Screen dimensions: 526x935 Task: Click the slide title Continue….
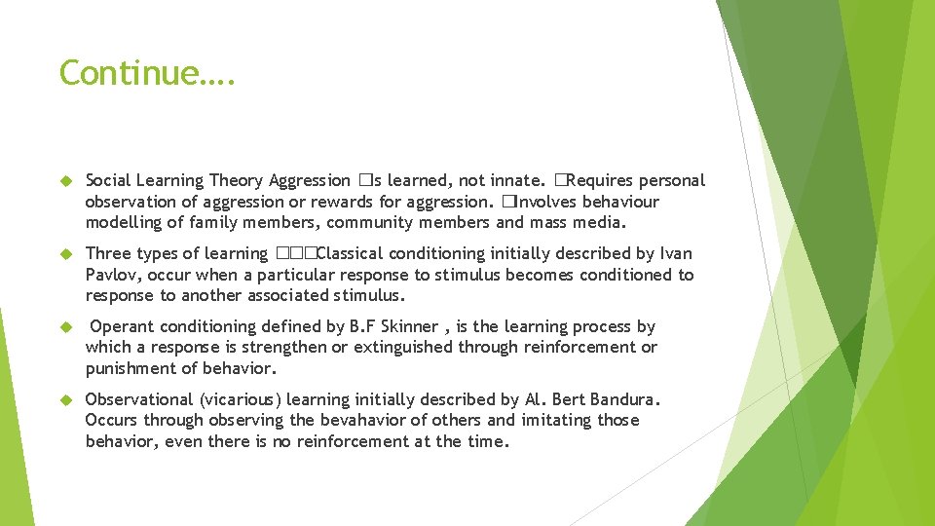[x=147, y=73]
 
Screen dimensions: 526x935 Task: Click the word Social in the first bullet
[x=108, y=180]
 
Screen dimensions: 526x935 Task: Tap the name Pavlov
[x=112, y=275]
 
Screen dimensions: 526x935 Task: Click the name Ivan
[x=676, y=253]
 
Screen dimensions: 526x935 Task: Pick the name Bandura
[x=628, y=399]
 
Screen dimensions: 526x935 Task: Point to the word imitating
[x=557, y=421]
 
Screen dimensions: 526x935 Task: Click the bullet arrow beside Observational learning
[x=66, y=399]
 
